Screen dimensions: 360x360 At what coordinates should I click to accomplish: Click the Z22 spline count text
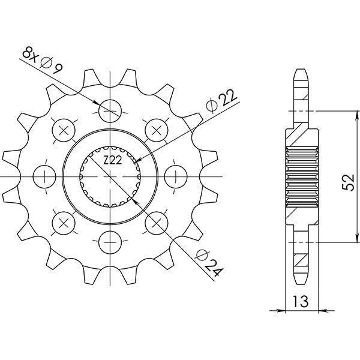tap(112, 159)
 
